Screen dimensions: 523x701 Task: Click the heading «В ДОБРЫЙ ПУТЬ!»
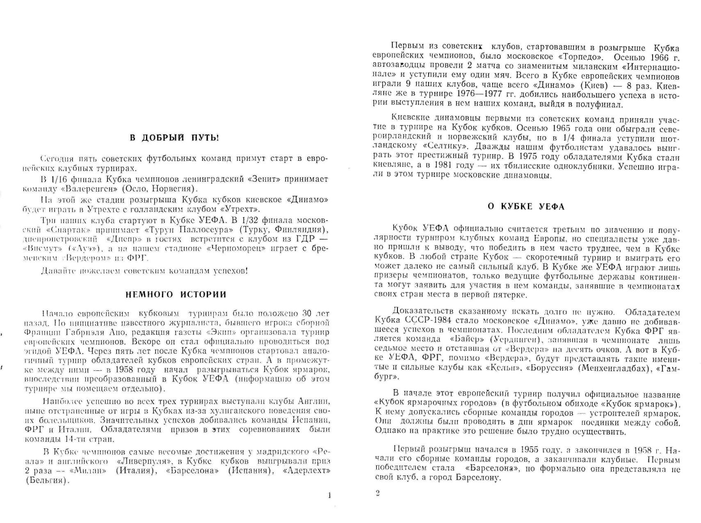click(x=175, y=138)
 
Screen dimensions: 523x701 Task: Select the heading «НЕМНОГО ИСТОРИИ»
click(x=176, y=295)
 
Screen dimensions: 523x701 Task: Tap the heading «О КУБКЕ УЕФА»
click(x=526, y=206)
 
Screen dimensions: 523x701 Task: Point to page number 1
click(x=329, y=496)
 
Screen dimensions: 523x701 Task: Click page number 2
click(x=377, y=493)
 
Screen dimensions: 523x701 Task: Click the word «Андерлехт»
click(x=306, y=471)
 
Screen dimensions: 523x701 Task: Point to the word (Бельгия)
click(x=46, y=481)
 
